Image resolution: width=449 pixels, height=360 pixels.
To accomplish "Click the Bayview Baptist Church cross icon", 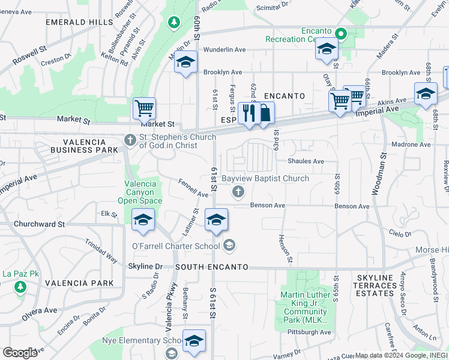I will click(238, 192).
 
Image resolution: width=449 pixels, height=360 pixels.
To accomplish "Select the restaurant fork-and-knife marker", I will click(247, 112).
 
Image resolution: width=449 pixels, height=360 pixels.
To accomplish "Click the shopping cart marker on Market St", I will click(144, 109).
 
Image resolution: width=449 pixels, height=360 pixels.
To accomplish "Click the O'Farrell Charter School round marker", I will click(229, 245).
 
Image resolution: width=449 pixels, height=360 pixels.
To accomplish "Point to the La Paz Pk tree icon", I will click(20, 287).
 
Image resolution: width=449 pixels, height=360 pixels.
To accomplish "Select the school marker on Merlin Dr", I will click(185, 62).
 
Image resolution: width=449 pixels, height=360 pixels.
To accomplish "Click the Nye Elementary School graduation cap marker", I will click(194, 341).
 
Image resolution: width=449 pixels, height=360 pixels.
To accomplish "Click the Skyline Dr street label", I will click(145, 266).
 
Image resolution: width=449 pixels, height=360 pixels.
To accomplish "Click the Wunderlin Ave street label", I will click(224, 50).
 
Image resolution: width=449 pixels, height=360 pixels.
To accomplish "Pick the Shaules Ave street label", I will click(306, 161).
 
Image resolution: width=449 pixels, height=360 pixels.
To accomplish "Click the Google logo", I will click(20, 352).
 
